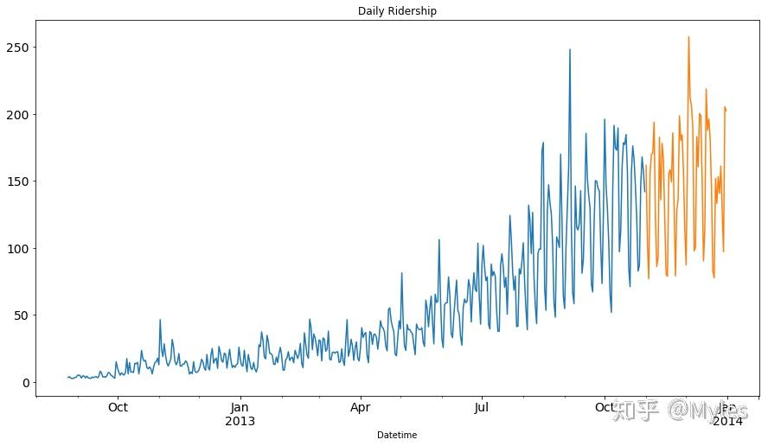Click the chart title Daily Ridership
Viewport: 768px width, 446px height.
pos(397,11)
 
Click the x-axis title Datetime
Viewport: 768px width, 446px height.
pos(397,435)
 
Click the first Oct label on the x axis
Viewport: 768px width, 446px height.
pos(118,407)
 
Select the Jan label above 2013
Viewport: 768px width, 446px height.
pos(240,407)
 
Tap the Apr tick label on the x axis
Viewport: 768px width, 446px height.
pos(361,407)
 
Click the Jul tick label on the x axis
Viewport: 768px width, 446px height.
pos(483,407)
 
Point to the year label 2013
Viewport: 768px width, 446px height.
pos(240,421)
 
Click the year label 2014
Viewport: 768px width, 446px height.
pos(727,421)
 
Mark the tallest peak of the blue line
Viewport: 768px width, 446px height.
pos(569,50)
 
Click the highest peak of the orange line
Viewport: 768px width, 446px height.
pos(688,37)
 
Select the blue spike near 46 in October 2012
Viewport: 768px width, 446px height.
pos(160,320)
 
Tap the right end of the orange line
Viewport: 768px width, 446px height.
pos(726,110)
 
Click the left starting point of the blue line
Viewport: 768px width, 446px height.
pos(67,377)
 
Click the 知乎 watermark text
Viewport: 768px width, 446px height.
pos(636,411)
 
